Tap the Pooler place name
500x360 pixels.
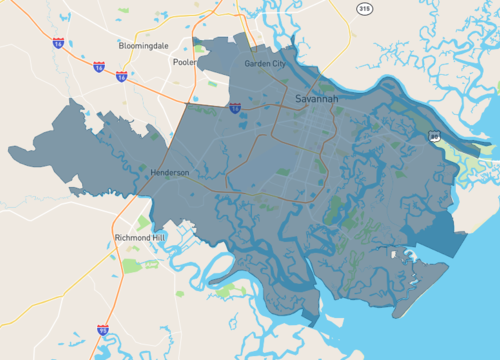point(184,62)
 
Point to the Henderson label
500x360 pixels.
point(169,172)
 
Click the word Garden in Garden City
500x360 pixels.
point(257,64)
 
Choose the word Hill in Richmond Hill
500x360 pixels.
point(160,238)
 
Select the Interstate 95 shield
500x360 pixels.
point(102,329)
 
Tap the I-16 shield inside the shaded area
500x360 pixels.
point(234,107)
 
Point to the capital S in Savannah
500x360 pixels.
point(299,100)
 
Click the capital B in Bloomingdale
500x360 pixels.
point(121,46)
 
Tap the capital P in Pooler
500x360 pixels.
point(174,62)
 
